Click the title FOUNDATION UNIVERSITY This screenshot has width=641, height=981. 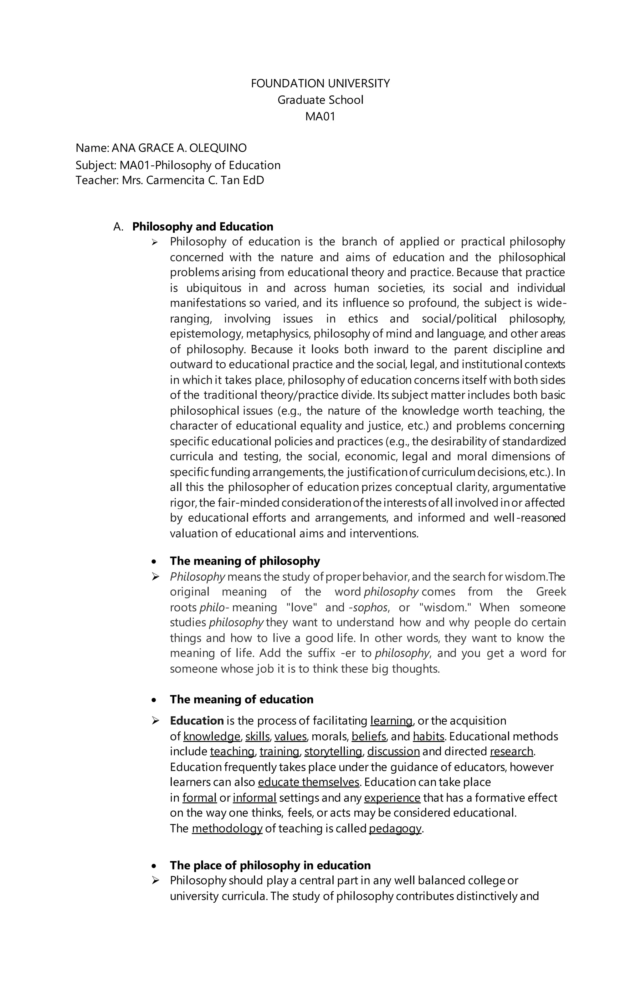[320, 84]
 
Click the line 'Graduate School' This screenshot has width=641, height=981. [320, 100]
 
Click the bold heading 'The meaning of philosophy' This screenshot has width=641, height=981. [245, 561]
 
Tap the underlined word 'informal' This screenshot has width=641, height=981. [254, 798]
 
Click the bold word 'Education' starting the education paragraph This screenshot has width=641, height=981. [197, 721]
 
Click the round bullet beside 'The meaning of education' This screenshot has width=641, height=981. [154, 700]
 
